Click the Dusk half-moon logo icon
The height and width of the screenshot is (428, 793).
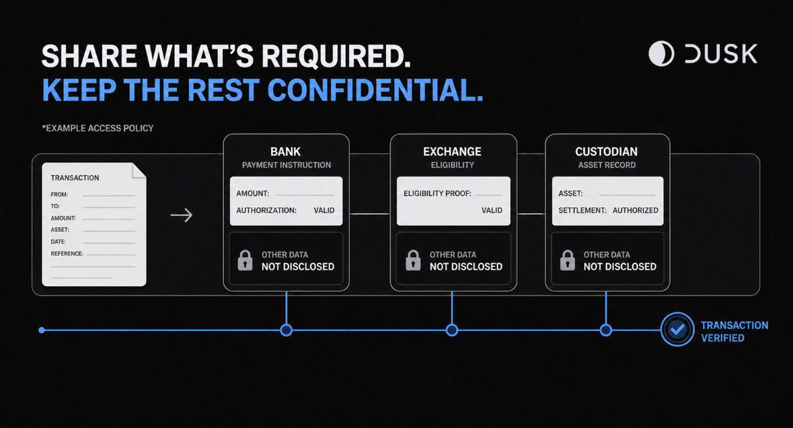point(662,54)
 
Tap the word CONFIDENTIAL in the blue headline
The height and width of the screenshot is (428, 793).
point(375,90)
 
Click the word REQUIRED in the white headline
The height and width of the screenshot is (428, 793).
point(336,56)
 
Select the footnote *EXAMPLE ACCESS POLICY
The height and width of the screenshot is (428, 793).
point(98,129)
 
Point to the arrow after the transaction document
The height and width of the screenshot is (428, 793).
point(182,215)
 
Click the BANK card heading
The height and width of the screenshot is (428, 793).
point(285,152)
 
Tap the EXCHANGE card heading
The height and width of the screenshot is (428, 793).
point(452,152)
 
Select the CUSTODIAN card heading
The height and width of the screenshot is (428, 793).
point(607,152)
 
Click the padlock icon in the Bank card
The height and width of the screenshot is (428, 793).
point(246,260)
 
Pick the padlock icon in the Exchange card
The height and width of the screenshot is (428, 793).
point(413,260)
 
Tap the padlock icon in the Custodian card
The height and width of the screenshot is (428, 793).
point(568,260)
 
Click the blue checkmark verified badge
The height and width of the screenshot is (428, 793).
point(677,329)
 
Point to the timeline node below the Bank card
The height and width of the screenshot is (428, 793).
point(287,330)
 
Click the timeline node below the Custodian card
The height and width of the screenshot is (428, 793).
point(606,330)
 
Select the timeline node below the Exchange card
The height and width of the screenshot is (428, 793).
point(452,330)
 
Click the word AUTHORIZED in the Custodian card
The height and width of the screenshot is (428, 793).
point(635,211)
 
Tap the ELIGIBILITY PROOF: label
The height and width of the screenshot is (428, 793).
point(437,193)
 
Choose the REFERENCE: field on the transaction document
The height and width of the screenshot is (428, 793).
point(67,254)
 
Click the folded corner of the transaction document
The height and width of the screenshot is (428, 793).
point(139,170)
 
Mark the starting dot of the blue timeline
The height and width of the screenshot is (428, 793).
point(42,330)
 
